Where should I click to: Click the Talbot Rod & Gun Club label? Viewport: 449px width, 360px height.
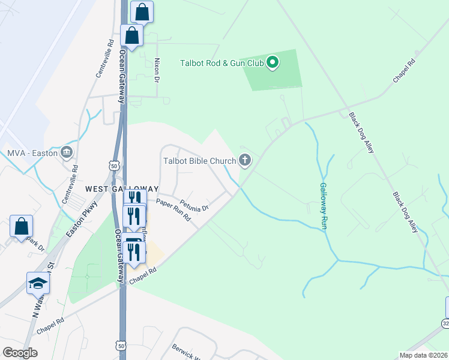click(x=223, y=62)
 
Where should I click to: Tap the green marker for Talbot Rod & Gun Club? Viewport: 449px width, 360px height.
click(x=273, y=62)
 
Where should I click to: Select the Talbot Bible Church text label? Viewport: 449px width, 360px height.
click(x=199, y=160)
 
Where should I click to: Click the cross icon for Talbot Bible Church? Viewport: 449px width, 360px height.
click(x=244, y=160)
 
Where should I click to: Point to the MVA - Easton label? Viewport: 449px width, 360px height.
click(x=32, y=153)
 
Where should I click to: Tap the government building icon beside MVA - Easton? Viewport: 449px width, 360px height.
click(x=66, y=152)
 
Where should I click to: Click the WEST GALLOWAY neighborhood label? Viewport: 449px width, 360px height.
click(x=122, y=188)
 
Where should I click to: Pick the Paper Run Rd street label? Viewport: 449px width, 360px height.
click(x=173, y=209)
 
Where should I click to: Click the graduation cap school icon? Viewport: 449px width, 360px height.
click(x=38, y=283)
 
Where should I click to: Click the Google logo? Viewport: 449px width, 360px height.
click(x=20, y=352)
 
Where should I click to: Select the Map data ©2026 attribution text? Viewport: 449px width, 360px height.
click(x=423, y=355)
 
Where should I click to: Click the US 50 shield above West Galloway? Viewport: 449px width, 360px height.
click(x=114, y=165)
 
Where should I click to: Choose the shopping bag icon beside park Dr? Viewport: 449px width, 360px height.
click(x=21, y=226)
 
